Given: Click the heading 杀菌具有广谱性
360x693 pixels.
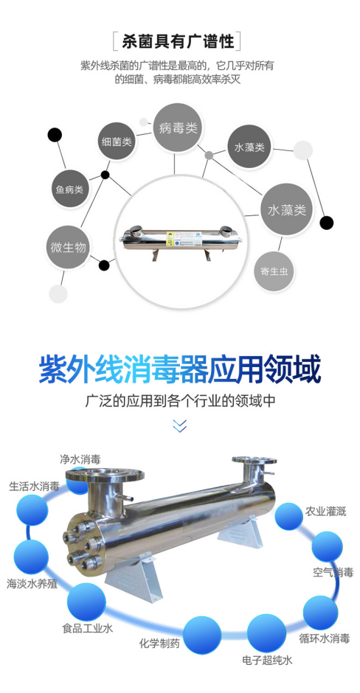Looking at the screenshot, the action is coord(177,41).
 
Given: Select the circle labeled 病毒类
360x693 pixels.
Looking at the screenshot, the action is coord(177,128).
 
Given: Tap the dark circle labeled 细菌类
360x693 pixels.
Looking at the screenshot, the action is coord(117,142).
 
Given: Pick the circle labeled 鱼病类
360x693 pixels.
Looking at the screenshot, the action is coord(69,189).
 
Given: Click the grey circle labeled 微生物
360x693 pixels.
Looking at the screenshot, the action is coord(68,248).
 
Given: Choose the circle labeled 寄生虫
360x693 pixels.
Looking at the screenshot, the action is coord(274,271).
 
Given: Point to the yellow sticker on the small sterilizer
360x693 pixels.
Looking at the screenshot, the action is coord(170,238).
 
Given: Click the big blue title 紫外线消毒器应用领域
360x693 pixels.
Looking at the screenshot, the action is coord(179,370).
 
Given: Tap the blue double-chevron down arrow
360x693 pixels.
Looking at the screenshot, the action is coord(179,425).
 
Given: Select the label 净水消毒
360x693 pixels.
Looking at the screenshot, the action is coord(80,459).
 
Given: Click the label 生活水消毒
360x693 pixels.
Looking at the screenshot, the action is coord(35,487).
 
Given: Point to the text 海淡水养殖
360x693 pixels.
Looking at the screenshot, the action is coord(32,583).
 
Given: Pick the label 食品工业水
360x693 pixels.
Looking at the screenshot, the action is coord(88,628).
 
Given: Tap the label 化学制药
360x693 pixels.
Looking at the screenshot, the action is coord(159,643).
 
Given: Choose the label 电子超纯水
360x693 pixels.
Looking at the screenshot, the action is coord(267,661).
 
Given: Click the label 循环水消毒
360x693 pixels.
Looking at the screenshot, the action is coord(324,638).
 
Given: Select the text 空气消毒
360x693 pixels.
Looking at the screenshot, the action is coord(333,573).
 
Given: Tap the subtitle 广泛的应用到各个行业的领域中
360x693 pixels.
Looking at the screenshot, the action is coord(180,400).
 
